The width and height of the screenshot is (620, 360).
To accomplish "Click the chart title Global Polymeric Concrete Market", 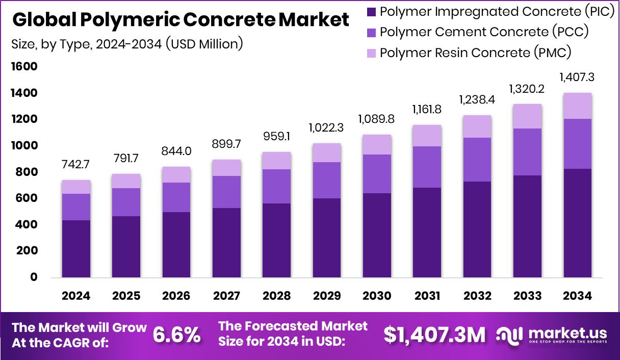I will tap(180, 20).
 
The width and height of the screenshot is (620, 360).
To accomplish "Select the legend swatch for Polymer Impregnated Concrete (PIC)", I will tap(371, 11).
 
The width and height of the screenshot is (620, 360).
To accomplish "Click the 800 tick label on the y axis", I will tap(26, 172).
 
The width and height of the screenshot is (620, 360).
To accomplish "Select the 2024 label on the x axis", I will tap(76, 296).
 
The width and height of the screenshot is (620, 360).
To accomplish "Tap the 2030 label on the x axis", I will tap(377, 296).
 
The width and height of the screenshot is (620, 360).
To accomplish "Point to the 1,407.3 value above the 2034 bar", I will tap(577, 78).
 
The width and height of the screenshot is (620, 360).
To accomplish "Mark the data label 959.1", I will tap(276, 138).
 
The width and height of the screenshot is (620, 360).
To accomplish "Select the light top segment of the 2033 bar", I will tap(527, 116).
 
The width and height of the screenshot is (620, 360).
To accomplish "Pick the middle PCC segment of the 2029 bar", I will tap(327, 180).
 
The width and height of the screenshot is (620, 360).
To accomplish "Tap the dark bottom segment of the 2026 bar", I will tap(176, 245).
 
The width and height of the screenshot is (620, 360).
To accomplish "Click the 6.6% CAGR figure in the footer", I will tap(177, 335).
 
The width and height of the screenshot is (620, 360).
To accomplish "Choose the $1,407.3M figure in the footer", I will tap(434, 335).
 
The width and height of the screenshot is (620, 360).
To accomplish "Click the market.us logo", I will tap(552, 335).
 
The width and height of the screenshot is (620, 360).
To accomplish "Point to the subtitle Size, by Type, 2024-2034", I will tap(127, 44).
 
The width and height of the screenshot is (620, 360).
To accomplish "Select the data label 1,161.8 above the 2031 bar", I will tap(427, 109).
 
